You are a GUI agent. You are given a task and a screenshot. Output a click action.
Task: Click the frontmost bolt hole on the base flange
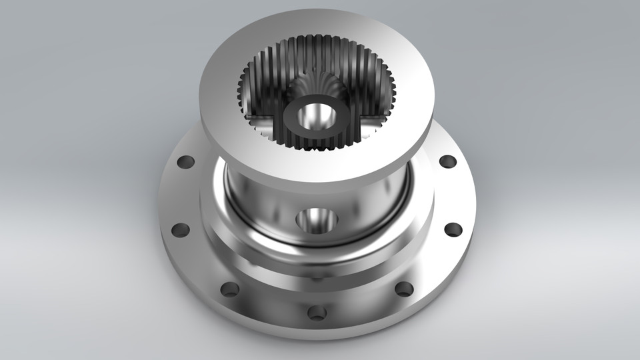[x=317, y=311]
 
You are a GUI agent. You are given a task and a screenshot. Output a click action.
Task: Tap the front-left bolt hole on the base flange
[x=229, y=289]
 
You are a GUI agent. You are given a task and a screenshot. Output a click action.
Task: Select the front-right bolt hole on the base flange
[x=404, y=289]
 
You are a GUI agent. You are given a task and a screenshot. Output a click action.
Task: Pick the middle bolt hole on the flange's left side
[x=180, y=230]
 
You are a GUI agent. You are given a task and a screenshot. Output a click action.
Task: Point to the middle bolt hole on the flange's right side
[x=453, y=230]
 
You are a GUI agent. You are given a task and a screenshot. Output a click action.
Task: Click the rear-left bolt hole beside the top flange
[x=185, y=161]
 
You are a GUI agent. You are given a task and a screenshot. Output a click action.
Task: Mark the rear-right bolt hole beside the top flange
[x=448, y=161]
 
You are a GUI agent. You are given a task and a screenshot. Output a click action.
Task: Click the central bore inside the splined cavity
[x=313, y=116]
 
